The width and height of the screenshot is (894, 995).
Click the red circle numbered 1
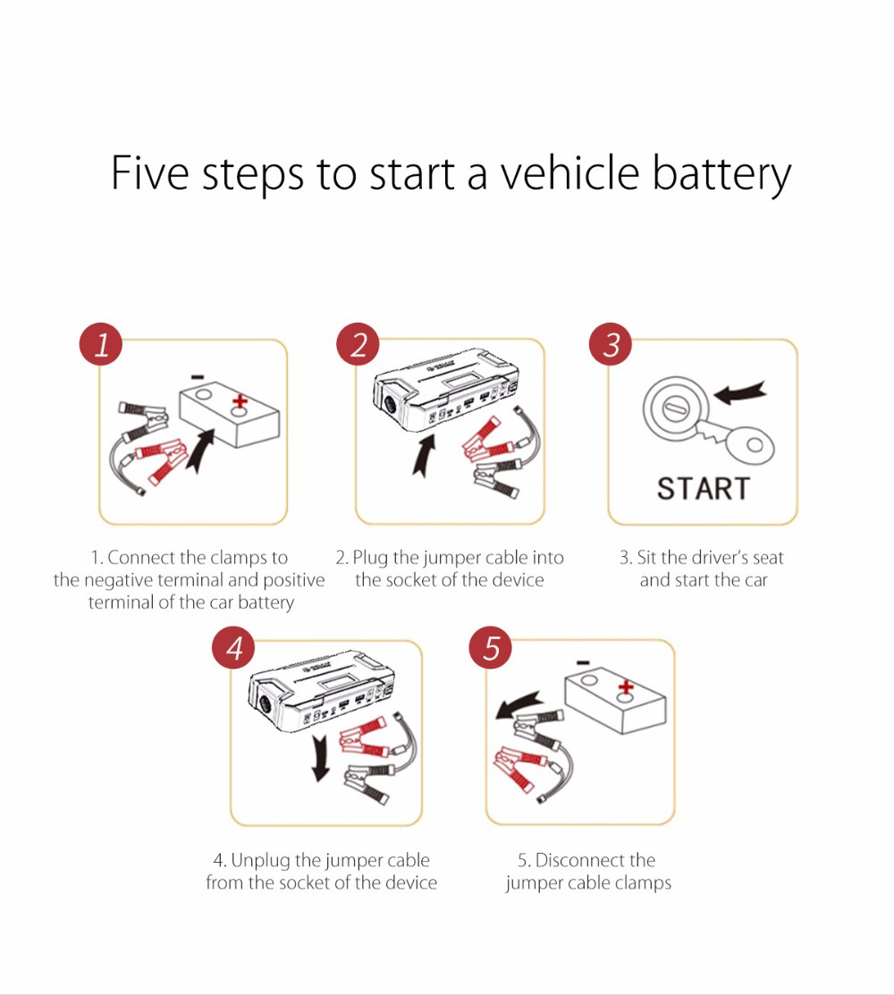pos(101,344)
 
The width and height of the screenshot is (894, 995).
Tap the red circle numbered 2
pos(358,344)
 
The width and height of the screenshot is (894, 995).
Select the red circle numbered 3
pos(611,344)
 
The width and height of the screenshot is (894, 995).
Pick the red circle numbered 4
pos(233,647)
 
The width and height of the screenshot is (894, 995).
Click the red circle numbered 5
pos(491,647)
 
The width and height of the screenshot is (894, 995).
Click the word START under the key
pos(704,489)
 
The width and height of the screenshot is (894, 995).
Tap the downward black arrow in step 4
pos(316,755)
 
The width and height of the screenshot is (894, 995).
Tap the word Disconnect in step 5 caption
pos(580,860)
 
